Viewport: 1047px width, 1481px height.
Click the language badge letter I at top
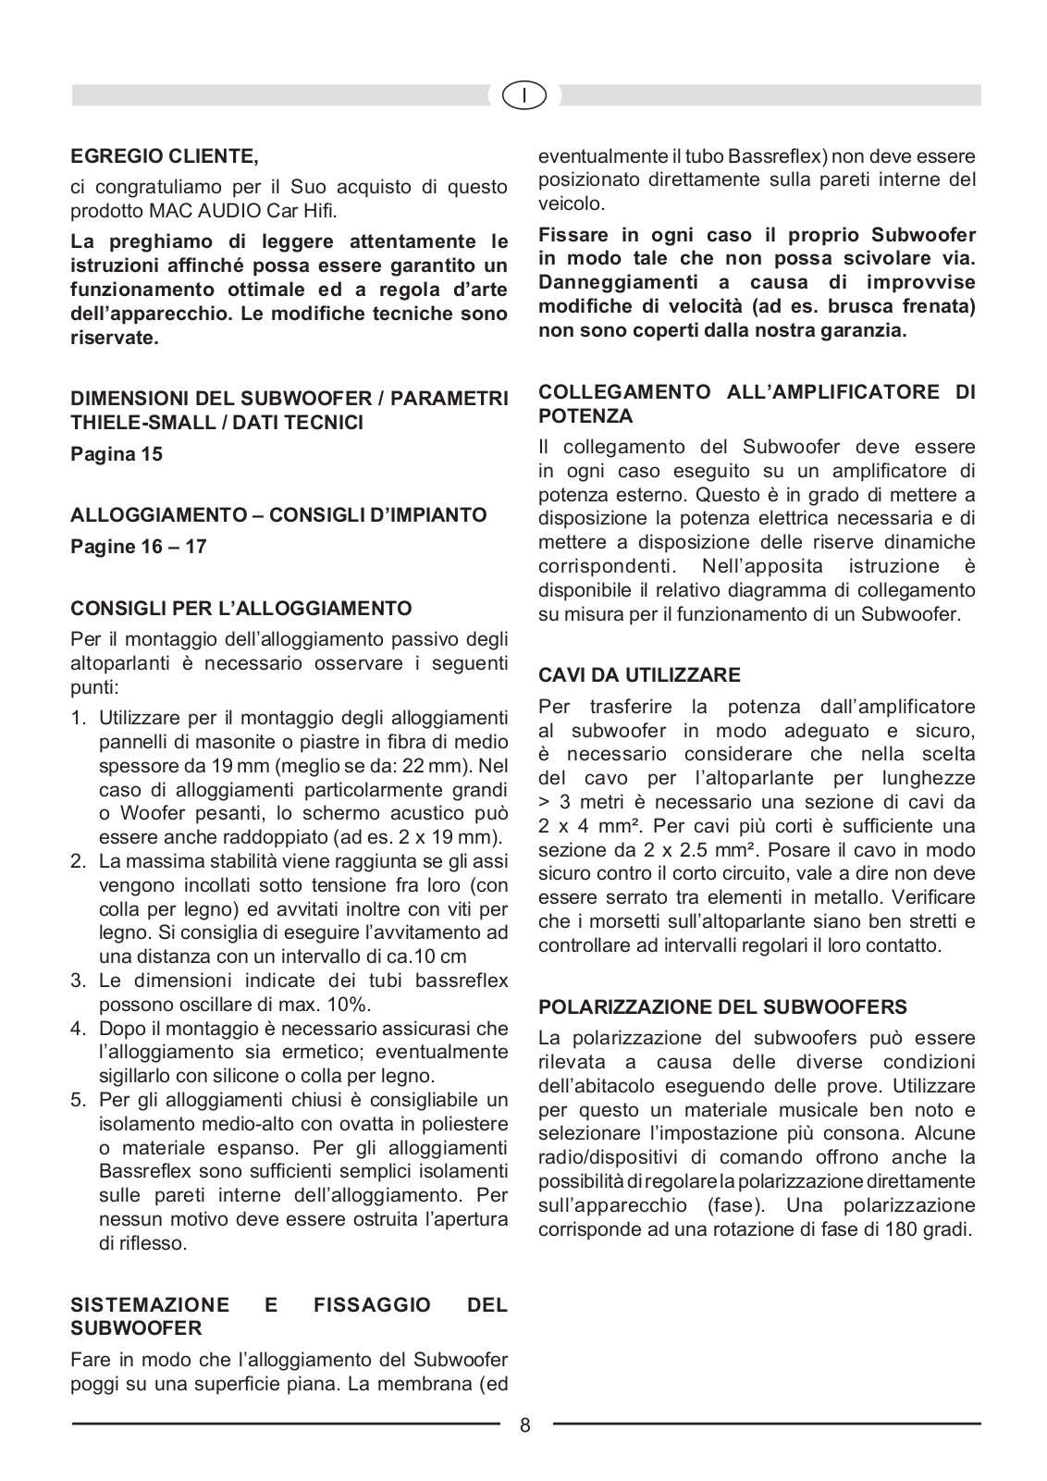(524, 94)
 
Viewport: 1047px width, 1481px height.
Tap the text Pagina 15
(117, 454)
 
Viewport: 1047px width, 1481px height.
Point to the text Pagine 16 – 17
(139, 546)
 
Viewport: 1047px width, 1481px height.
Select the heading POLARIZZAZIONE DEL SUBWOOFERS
(723, 1006)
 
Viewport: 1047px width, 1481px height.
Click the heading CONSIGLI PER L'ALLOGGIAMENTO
(241, 608)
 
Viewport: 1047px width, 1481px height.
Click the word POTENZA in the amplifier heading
(585, 415)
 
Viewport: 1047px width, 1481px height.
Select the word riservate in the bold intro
(115, 339)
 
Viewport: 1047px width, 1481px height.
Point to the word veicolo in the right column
(570, 204)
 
